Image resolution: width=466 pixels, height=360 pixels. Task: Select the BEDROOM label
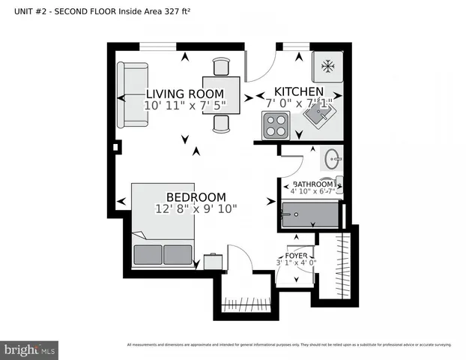[x=196, y=196]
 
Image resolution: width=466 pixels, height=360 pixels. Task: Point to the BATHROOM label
[x=312, y=184]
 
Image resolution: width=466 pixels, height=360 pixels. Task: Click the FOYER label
[x=297, y=255]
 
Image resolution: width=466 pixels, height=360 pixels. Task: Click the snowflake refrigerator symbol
[x=327, y=66]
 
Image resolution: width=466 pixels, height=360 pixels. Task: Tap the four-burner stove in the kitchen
[x=275, y=125]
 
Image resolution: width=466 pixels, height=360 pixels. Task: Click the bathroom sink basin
[x=333, y=158]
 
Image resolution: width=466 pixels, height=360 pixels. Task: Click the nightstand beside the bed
[x=214, y=261]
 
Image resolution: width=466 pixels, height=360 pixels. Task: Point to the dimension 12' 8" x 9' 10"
[x=196, y=208]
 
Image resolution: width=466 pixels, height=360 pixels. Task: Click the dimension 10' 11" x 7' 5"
[x=184, y=106]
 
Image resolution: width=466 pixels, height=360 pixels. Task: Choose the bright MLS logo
[x=30, y=349]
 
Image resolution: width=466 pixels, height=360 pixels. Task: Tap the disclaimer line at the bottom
[x=288, y=345]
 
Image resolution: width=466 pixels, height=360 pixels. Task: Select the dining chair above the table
[x=222, y=67]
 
